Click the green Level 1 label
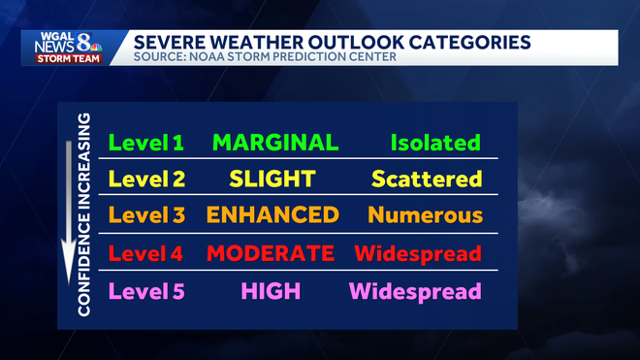click(x=145, y=143)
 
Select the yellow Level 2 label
click(x=145, y=179)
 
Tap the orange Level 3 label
click(x=145, y=215)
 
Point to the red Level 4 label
click(x=145, y=254)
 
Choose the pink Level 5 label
click(x=145, y=290)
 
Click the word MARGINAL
click(x=275, y=143)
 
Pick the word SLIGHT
click(x=272, y=179)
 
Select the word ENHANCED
click(x=273, y=215)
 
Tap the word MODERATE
click(x=272, y=254)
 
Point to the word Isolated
click(x=435, y=143)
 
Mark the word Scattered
click(x=427, y=179)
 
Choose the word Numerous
click(x=425, y=215)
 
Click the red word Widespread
click(x=417, y=254)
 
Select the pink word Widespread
click(x=415, y=290)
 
